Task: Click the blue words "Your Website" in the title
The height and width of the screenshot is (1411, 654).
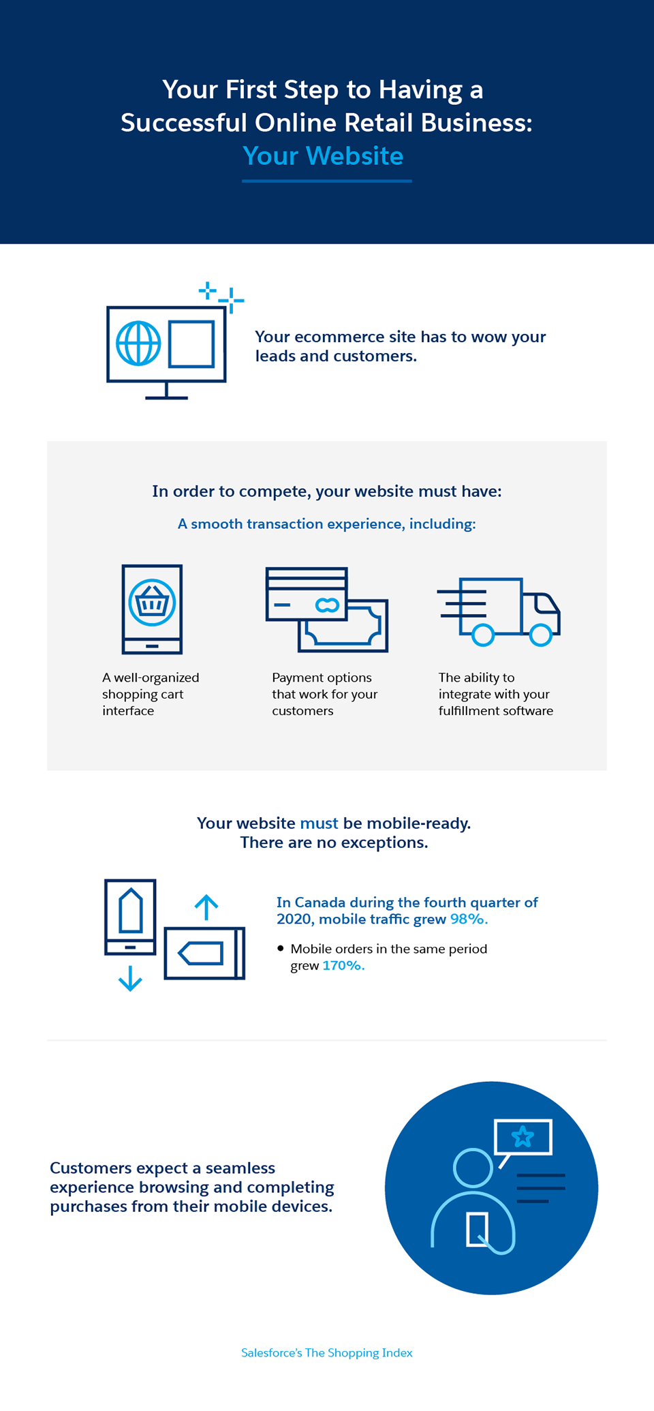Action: point(323,156)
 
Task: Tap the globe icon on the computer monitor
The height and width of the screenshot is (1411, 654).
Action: point(138,343)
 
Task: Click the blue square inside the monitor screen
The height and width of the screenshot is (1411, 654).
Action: point(191,344)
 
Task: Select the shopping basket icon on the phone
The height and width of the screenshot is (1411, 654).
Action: point(152,603)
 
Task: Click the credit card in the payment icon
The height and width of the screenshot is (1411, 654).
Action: point(307,594)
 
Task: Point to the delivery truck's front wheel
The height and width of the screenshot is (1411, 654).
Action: point(541,635)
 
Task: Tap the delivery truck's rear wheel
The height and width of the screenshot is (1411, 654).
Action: point(483,635)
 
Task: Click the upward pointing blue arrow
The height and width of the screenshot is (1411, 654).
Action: point(206,907)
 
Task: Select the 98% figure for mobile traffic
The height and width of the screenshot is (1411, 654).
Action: point(469,919)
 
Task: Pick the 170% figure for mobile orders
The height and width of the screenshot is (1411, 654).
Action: point(343,965)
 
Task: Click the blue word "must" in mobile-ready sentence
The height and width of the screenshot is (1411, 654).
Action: point(319,823)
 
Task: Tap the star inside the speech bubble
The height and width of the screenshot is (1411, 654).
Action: point(523,1136)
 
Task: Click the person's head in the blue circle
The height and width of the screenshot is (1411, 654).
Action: point(473,1168)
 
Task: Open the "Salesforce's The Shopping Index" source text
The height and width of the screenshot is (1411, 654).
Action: point(327,1352)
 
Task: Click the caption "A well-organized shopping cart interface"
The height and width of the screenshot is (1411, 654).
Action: point(151,694)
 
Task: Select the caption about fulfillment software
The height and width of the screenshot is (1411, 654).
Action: point(495,694)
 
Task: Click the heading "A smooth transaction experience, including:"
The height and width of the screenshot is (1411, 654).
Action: point(327,524)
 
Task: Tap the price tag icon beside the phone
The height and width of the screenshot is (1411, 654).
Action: point(201,953)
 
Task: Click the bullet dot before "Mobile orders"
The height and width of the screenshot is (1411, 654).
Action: point(281,948)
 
